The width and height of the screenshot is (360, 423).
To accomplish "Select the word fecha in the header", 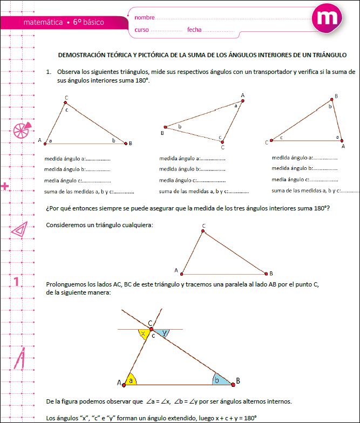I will click(x=194, y=30).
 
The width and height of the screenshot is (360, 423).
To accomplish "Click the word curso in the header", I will click(x=141, y=30).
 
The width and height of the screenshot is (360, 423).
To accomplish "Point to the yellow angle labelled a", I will click(x=130, y=379).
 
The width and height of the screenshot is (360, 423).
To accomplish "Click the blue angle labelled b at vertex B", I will click(x=218, y=380).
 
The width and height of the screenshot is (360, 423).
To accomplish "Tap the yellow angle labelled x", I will click(x=143, y=334).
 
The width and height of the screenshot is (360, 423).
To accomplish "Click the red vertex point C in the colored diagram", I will click(x=152, y=329).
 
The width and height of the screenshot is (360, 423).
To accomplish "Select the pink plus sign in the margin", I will click(x=6, y=187).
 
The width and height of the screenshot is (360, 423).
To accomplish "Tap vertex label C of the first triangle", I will click(x=66, y=98).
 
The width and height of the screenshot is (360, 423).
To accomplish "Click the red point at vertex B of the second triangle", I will click(x=166, y=128).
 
